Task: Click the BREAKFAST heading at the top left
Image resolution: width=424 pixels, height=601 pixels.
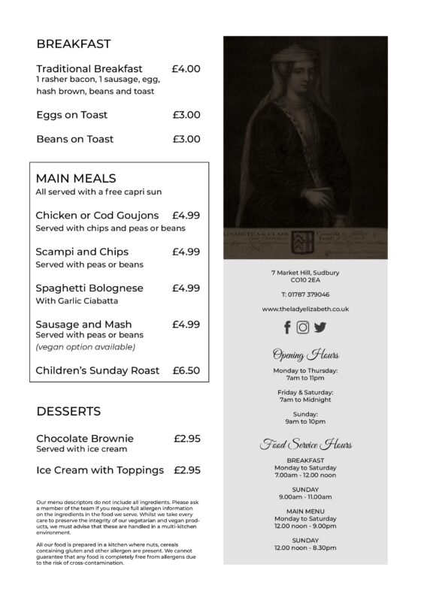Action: [x=74, y=43]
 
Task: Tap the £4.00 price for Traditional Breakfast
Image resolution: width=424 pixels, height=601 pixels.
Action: [x=186, y=68]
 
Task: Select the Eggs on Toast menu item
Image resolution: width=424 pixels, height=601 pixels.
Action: [x=71, y=115]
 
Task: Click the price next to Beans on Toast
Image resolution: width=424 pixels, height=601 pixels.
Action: [x=186, y=139]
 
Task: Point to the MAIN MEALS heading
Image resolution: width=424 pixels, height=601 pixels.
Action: [x=76, y=178]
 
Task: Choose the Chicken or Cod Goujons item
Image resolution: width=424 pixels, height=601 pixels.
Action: [x=97, y=216]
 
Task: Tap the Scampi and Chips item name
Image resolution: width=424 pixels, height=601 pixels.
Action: [x=82, y=252]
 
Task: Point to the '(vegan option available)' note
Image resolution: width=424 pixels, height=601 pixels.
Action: [x=85, y=346]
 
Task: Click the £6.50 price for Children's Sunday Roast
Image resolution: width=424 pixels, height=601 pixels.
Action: [x=186, y=370]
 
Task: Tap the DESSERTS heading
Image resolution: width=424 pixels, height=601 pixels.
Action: [x=68, y=412]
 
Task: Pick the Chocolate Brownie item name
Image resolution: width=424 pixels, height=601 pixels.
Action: [x=85, y=438]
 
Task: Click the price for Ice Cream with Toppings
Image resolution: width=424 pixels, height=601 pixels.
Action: [x=186, y=470]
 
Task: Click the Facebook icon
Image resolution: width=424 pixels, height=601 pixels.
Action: [x=287, y=327]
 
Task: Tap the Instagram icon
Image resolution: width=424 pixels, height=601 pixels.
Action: [x=303, y=327]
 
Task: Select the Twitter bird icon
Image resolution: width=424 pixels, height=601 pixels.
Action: [x=320, y=327]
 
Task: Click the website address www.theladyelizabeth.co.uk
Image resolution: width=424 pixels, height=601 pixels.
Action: [x=304, y=309]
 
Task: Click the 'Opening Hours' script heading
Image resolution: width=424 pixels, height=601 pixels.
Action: [x=304, y=355]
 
